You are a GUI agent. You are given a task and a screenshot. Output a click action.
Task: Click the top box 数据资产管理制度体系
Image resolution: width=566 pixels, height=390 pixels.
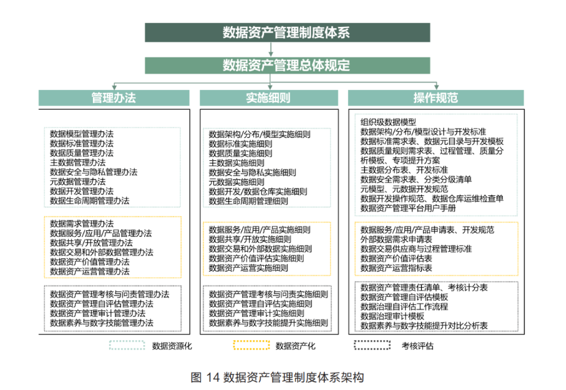[x=287, y=32]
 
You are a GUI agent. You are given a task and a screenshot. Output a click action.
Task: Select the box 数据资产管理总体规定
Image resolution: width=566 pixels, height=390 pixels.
[x=287, y=66]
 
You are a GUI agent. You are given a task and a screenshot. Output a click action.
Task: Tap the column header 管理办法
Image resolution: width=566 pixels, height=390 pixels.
[x=114, y=98]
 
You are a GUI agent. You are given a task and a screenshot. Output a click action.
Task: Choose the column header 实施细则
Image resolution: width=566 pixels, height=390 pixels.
[x=269, y=98]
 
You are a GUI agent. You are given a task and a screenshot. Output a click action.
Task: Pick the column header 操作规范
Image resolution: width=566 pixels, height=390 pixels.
[x=436, y=98]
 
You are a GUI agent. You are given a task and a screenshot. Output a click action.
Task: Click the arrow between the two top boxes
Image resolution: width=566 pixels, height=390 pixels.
[x=271, y=49]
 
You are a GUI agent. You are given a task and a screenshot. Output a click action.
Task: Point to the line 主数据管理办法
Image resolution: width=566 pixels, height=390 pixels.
[x=77, y=162]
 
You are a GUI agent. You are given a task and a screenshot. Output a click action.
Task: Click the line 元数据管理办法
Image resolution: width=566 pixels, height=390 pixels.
[x=77, y=182]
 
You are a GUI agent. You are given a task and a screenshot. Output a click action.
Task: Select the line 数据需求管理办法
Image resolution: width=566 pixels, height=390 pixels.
[x=82, y=223]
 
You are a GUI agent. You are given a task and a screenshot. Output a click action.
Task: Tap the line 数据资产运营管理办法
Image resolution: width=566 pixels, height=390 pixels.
[x=89, y=271]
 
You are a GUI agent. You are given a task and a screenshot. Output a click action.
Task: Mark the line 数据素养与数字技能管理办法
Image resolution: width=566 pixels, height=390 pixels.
[x=102, y=323]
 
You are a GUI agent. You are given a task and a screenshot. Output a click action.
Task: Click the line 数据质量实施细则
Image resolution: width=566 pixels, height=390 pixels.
[x=240, y=153]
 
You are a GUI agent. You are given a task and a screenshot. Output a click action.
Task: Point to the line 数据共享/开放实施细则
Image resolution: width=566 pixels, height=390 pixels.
[x=250, y=239]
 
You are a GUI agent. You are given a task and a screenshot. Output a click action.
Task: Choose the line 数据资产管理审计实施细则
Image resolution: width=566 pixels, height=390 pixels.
[x=256, y=313]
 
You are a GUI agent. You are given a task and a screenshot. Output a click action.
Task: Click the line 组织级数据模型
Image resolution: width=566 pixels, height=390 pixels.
[x=388, y=122]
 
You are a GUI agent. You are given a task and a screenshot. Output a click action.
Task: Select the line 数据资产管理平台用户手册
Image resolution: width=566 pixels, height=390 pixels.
[x=408, y=208]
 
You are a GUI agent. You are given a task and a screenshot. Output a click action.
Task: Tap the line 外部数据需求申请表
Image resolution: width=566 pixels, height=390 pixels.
[x=396, y=239]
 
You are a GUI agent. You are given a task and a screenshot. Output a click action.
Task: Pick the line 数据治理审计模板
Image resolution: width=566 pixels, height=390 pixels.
[x=392, y=316]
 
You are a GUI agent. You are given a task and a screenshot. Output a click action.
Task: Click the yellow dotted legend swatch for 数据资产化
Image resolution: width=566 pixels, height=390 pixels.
[x=251, y=345]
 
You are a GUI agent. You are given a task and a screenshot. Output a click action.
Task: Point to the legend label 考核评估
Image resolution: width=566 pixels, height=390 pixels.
[x=417, y=346]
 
